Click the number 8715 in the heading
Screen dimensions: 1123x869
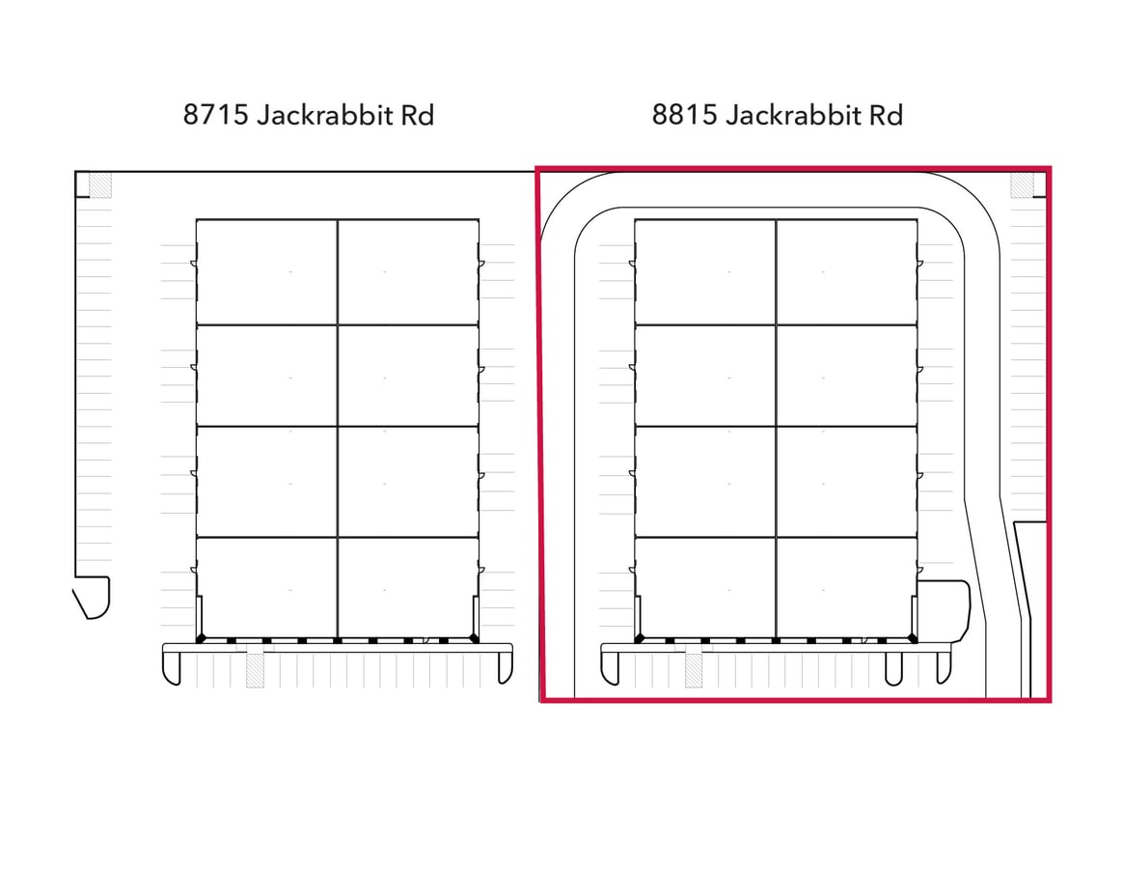coord(215,115)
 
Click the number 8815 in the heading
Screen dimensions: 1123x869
coord(685,115)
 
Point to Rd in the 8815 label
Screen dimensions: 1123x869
coord(886,115)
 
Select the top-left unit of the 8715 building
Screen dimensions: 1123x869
coord(267,272)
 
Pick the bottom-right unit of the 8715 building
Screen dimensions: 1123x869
coord(408,588)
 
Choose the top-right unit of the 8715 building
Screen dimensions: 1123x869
coord(408,272)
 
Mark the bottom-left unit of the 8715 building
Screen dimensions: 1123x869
coord(267,588)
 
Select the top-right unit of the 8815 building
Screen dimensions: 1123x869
coord(846,272)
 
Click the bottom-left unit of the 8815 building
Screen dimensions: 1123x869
coord(706,588)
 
